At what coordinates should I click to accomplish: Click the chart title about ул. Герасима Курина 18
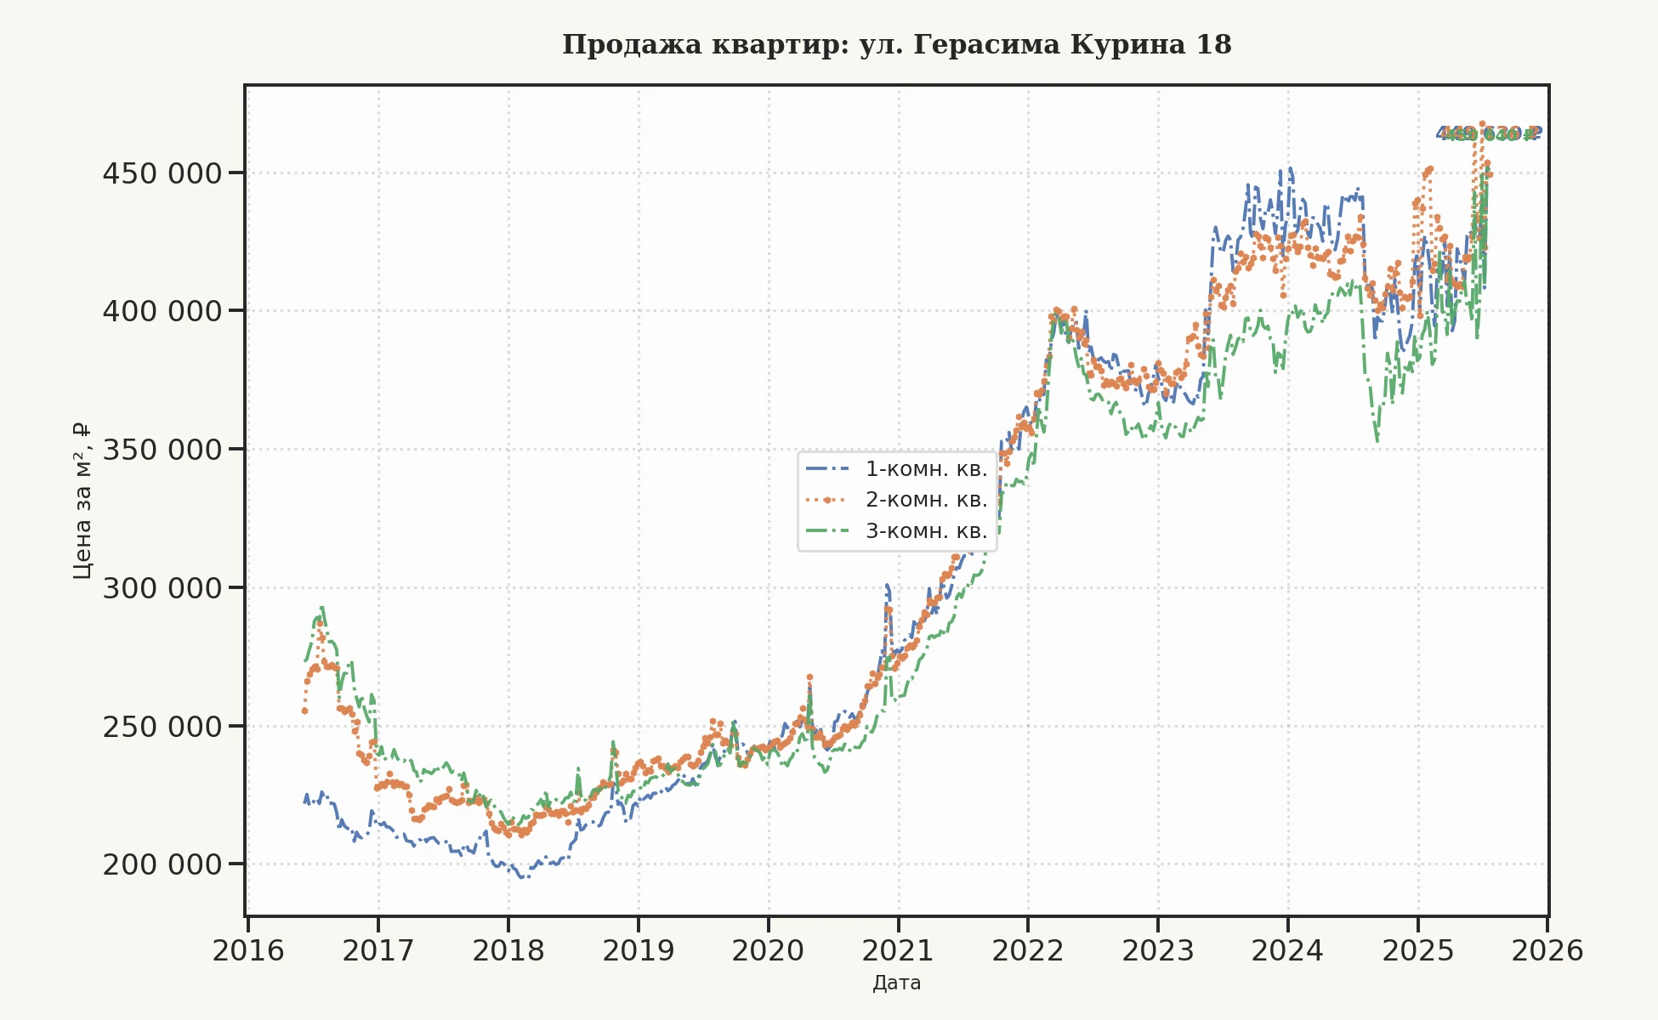click(x=896, y=44)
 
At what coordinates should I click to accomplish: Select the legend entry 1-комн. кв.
click(x=926, y=469)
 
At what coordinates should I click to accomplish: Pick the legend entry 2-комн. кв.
click(x=926, y=500)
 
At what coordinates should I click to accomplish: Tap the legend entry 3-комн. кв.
click(x=926, y=531)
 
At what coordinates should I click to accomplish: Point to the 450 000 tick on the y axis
click(x=162, y=173)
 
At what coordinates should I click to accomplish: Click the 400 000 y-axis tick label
click(x=162, y=311)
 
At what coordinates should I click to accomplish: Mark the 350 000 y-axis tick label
click(x=162, y=450)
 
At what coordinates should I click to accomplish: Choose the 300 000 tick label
click(x=162, y=588)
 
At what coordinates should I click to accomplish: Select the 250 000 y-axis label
click(x=162, y=727)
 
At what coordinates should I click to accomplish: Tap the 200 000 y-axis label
click(x=162, y=864)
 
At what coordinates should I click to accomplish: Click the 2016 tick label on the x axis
click(x=248, y=950)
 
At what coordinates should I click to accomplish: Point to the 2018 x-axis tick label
click(x=508, y=950)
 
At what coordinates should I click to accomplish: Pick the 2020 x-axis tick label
click(x=768, y=950)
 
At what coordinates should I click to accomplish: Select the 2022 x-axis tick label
click(x=1028, y=950)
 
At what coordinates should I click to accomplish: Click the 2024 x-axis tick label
click(x=1287, y=950)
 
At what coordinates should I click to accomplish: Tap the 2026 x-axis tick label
click(x=1547, y=950)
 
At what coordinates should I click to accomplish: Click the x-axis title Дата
click(x=896, y=983)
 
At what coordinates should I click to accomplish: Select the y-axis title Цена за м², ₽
click(x=82, y=501)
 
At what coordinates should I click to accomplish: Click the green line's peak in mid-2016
click(x=321, y=608)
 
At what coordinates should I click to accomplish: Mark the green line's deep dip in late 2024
click(x=1377, y=441)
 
